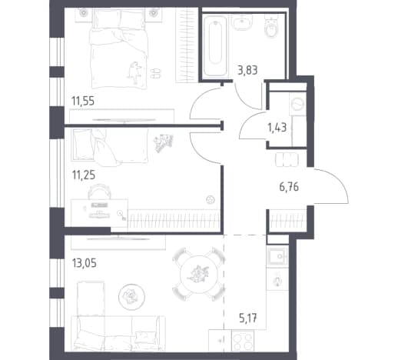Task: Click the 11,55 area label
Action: (83, 101)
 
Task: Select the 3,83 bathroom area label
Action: (247, 70)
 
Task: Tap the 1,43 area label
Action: (277, 127)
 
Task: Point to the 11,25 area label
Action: (84, 175)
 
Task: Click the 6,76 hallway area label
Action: (289, 187)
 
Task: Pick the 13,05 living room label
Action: (85, 263)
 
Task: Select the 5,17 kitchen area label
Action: (248, 318)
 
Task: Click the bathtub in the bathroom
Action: (215, 45)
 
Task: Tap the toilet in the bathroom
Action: (271, 26)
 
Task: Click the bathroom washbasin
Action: (242, 22)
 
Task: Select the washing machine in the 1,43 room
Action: (297, 104)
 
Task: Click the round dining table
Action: (199, 275)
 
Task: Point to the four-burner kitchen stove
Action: (243, 341)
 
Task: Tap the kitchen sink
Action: (277, 256)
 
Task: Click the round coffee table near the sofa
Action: (131, 297)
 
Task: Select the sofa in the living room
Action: (118, 333)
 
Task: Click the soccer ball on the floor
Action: (211, 200)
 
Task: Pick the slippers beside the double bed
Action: (155, 73)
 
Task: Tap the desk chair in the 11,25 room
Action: (100, 192)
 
